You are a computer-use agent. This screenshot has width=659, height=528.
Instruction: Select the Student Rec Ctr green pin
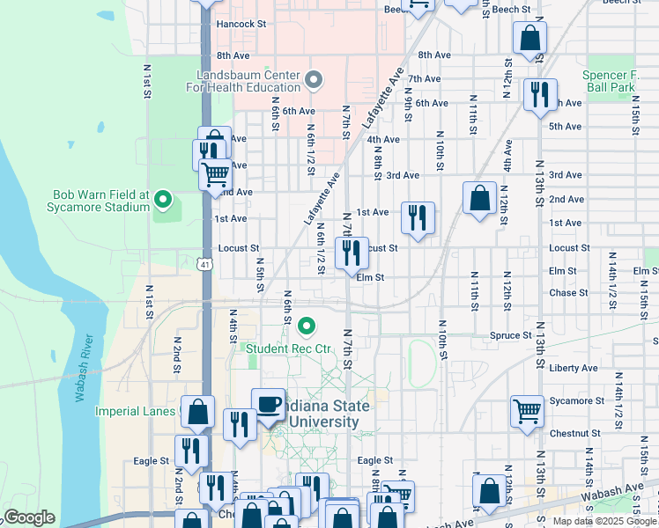[307, 327]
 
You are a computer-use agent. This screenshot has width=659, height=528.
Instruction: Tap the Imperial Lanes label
[141, 410]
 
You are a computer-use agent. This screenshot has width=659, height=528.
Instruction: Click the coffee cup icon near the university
[269, 405]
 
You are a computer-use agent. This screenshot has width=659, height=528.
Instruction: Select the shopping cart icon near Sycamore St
[527, 411]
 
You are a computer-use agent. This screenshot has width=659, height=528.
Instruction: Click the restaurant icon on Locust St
[352, 253]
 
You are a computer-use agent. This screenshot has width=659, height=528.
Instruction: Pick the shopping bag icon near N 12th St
[479, 199]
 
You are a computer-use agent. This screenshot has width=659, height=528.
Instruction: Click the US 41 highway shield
[205, 263]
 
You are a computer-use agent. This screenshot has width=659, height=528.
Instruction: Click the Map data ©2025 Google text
[603, 521]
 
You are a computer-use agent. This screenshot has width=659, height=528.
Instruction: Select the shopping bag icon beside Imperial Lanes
[198, 412]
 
